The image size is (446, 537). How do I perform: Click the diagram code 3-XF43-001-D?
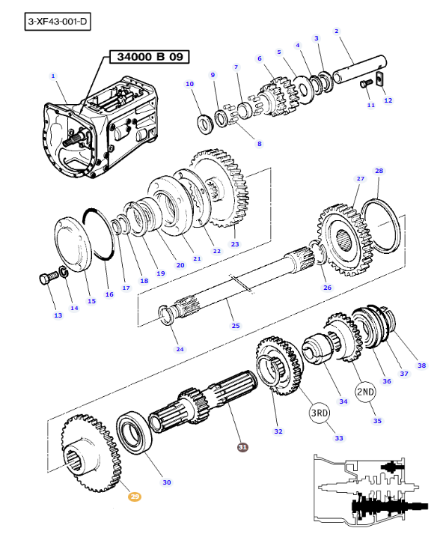57,22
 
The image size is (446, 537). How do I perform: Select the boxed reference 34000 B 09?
150,56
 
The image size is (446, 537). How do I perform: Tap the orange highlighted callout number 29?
134,496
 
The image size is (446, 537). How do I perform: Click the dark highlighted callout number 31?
242,447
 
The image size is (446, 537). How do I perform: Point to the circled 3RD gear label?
320,412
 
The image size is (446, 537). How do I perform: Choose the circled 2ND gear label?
364,392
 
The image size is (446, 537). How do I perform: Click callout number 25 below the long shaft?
236,326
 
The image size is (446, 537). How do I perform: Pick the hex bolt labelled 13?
46,279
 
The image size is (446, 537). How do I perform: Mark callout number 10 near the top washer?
189,84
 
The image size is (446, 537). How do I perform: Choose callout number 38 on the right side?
421,365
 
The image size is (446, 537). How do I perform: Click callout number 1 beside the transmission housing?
53,76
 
